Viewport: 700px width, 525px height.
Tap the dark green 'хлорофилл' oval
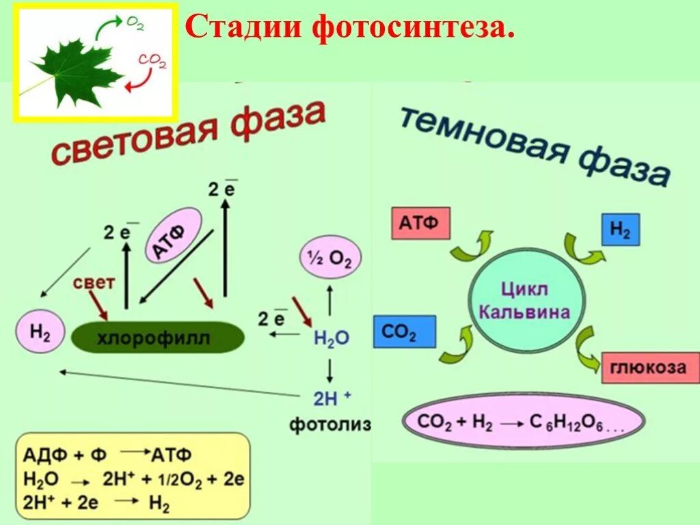tap(158, 338)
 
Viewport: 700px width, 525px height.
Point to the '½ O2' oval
tap(331, 258)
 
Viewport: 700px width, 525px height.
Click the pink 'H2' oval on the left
tap(39, 332)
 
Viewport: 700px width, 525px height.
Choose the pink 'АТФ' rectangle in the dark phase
tap(420, 224)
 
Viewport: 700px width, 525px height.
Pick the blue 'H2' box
tap(620, 230)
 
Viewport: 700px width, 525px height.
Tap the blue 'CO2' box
tap(404, 333)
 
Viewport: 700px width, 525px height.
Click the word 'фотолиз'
tap(329, 425)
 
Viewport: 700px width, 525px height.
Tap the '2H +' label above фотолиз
tap(332, 396)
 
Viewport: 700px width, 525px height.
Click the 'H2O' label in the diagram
tap(332, 337)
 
